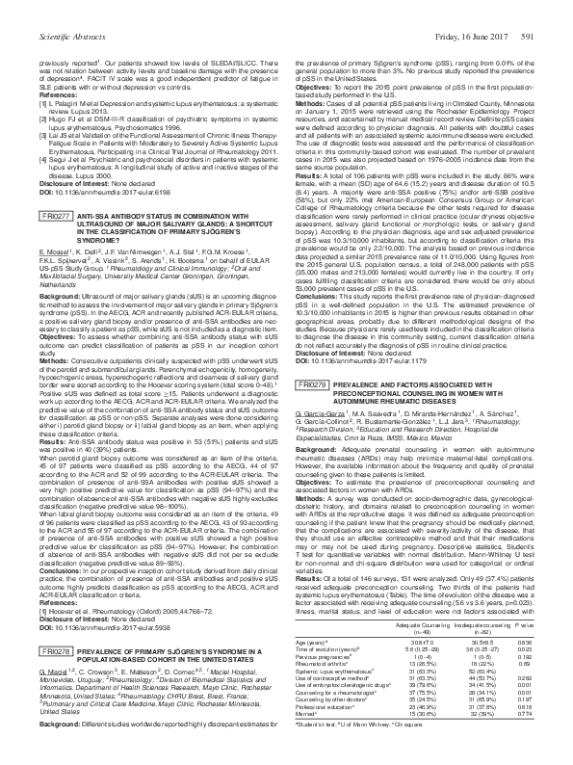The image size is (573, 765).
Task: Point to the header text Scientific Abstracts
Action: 44,9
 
